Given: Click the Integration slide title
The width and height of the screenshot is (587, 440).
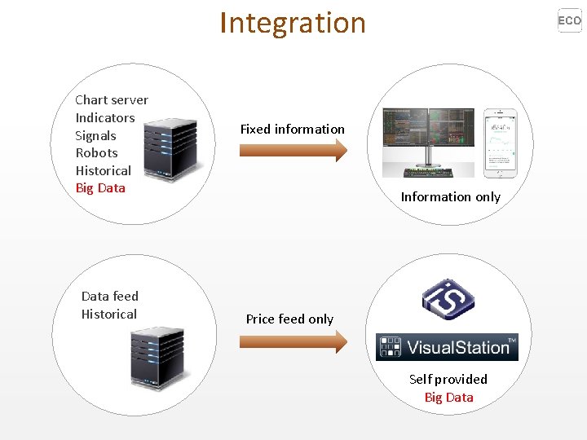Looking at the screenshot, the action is (x=293, y=24).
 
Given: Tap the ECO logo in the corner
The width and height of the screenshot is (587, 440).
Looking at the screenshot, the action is (x=570, y=20).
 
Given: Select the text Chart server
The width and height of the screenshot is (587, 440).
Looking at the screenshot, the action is (x=112, y=100).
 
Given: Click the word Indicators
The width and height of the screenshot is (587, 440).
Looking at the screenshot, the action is (x=105, y=118).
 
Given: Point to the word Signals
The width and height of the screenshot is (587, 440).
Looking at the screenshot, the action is (x=95, y=136).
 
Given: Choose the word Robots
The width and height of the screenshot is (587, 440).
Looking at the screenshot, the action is (x=96, y=153).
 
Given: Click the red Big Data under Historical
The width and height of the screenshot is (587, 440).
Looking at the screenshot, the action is (x=100, y=188).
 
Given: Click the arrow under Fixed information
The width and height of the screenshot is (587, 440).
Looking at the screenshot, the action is (x=293, y=151).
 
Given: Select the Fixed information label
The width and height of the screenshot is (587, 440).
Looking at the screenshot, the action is (x=293, y=129).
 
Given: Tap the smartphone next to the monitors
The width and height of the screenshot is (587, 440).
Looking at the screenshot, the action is (x=500, y=143).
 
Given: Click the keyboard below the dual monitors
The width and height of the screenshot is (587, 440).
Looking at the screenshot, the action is (x=428, y=173).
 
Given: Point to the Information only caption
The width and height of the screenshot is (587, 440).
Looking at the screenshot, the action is (x=451, y=197).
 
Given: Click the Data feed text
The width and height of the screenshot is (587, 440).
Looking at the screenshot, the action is (x=110, y=297).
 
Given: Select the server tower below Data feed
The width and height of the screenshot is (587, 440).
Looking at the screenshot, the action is (x=158, y=358).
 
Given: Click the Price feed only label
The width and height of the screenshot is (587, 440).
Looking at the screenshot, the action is (x=289, y=319).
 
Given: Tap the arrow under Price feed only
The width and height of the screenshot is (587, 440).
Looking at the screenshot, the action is (x=293, y=342).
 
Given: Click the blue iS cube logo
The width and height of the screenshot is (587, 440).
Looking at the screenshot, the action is (x=448, y=299).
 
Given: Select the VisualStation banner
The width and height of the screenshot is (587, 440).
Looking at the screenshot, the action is (x=447, y=347).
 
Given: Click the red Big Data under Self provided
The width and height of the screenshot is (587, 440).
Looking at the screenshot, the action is (x=449, y=397).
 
